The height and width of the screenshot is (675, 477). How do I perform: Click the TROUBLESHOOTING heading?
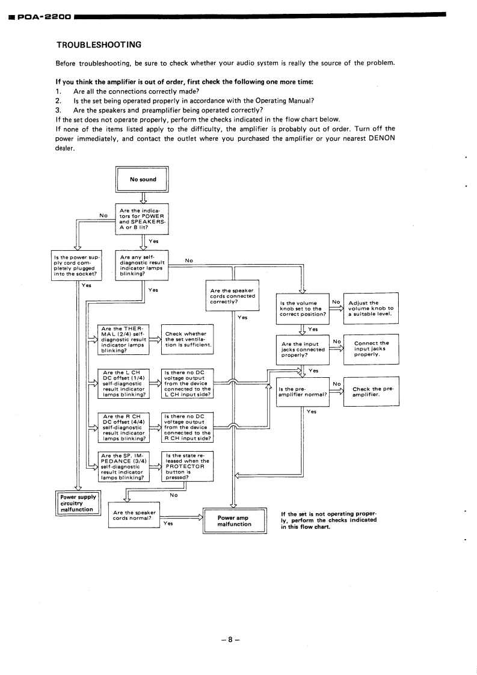click(99, 45)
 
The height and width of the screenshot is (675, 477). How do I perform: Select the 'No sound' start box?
click(143, 179)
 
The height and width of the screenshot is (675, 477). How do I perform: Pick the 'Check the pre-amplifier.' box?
click(371, 392)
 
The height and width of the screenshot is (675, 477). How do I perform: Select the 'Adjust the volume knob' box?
click(371, 308)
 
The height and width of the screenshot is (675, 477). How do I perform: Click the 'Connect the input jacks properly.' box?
click(371, 350)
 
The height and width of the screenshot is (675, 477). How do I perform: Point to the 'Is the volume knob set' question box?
click(303, 308)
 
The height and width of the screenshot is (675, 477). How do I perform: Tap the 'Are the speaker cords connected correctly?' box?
click(232, 295)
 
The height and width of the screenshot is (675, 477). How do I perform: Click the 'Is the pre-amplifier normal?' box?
click(303, 392)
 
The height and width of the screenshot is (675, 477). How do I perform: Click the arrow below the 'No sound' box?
click(143, 197)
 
